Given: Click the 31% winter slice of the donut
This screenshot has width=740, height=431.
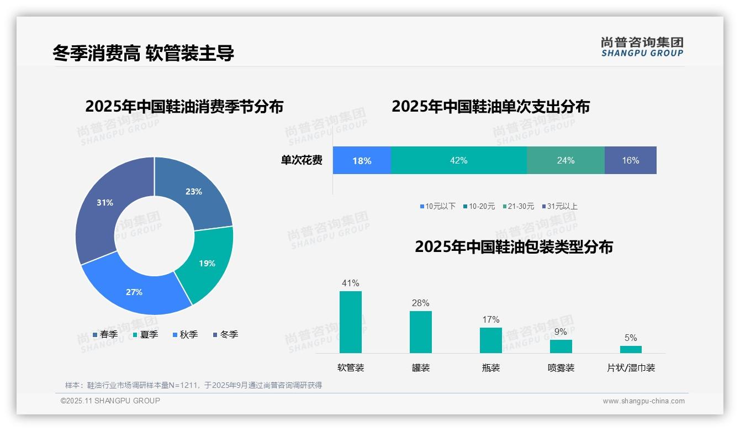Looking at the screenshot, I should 102,207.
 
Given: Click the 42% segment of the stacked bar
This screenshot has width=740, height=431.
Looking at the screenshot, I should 458,160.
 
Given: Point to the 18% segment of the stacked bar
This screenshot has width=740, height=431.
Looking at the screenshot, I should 362,160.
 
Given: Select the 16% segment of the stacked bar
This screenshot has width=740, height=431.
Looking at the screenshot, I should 630,160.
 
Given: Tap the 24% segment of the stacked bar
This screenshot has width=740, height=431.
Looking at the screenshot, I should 565,160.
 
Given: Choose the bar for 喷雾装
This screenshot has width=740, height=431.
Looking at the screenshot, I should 561,346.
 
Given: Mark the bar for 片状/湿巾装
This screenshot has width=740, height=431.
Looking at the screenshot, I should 631,349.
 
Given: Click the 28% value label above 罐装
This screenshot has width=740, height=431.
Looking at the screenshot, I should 420,303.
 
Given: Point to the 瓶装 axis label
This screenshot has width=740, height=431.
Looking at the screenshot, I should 490,367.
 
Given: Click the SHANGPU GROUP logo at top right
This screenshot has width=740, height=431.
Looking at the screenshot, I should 642,47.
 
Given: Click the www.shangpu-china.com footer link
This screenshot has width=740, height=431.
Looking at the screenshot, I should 643,401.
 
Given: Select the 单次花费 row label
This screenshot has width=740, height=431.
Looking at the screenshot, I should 302,160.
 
